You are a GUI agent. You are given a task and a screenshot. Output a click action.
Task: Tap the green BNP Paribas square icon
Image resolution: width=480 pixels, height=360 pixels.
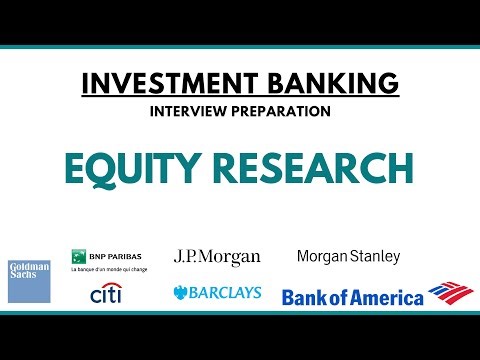[76, 257]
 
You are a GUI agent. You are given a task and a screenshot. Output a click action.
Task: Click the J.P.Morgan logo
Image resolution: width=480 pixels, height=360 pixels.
[217, 258]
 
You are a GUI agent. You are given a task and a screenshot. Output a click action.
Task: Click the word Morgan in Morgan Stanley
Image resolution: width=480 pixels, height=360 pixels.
[322, 256]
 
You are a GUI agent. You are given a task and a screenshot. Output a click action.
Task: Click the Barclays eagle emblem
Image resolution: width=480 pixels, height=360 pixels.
[181, 293]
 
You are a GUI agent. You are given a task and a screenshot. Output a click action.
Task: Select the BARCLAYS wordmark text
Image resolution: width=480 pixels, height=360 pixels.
[226, 293]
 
